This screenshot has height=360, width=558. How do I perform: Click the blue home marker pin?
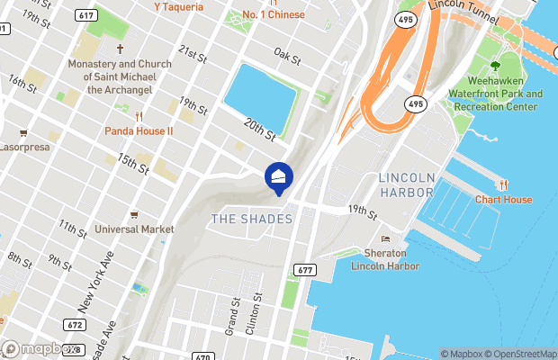[278, 178]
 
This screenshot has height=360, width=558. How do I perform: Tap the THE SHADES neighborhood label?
[251, 220]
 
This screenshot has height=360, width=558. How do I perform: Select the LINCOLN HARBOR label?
[406, 184]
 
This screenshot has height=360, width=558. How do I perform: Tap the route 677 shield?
[303, 270]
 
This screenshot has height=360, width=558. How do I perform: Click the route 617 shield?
[86, 15]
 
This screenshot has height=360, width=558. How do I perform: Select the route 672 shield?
[75, 325]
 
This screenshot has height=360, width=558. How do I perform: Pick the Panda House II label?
[139, 130]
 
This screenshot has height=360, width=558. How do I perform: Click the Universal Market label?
[134, 229]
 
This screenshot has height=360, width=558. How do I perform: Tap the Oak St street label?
[287, 58]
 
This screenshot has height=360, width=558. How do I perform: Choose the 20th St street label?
[258, 129]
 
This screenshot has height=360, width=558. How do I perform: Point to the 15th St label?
[131, 163]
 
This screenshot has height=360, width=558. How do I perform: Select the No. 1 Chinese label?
[274, 14]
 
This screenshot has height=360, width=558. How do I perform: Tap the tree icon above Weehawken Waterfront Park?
[495, 66]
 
